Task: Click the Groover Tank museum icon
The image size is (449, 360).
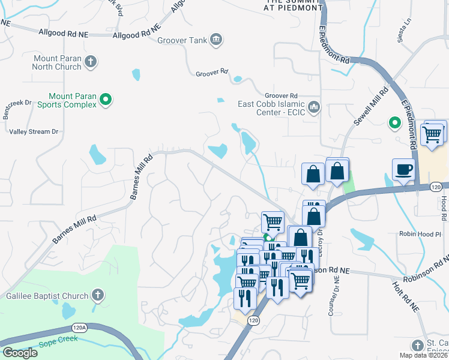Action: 216,41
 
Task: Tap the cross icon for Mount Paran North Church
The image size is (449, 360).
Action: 90,61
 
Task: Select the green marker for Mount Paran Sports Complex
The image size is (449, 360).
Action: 106,100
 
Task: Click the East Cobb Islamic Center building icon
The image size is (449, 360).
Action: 313,107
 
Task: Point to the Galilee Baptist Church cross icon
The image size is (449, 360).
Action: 98,295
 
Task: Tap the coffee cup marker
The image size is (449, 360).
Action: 403,169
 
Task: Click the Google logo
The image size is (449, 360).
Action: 20,353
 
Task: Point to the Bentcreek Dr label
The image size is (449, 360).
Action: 17,110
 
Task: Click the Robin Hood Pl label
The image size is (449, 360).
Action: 420,234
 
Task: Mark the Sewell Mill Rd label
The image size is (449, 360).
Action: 371,108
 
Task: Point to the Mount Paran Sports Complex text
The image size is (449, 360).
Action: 72,100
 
